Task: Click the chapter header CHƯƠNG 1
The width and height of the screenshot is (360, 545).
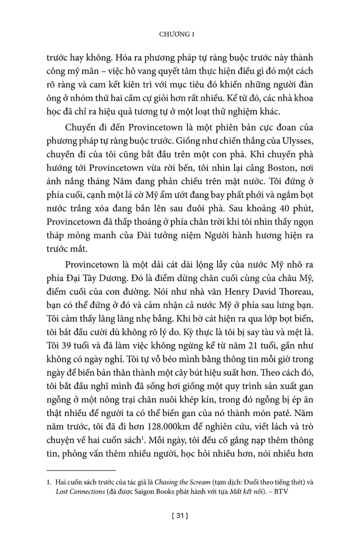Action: tap(180, 34)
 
